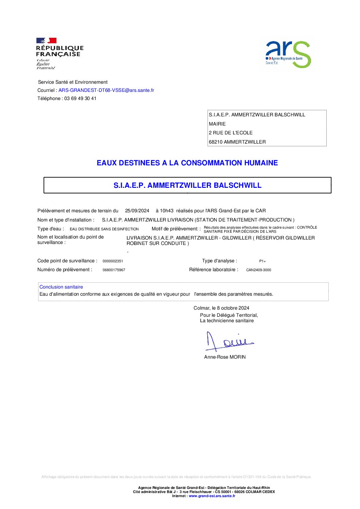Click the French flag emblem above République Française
(46, 40)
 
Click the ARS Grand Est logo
(288, 54)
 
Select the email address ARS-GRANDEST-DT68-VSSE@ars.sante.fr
(106, 90)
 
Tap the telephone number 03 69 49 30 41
(80, 98)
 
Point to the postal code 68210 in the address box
(215, 142)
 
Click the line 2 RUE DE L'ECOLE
(231, 133)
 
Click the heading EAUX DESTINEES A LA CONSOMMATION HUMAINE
(187, 163)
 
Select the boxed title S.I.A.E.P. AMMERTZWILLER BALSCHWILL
(187, 185)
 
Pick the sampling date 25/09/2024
(137, 211)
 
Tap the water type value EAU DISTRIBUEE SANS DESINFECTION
(104, 229)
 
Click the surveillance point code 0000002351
(113, 261)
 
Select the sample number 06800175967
(114, 270)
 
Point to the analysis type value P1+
(262, 261)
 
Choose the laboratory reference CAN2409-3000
(259, 270)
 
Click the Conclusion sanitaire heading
(61, 287)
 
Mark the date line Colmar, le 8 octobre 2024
(221, 308)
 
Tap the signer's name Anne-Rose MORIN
(225, 357)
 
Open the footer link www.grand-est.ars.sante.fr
(212, 496)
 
